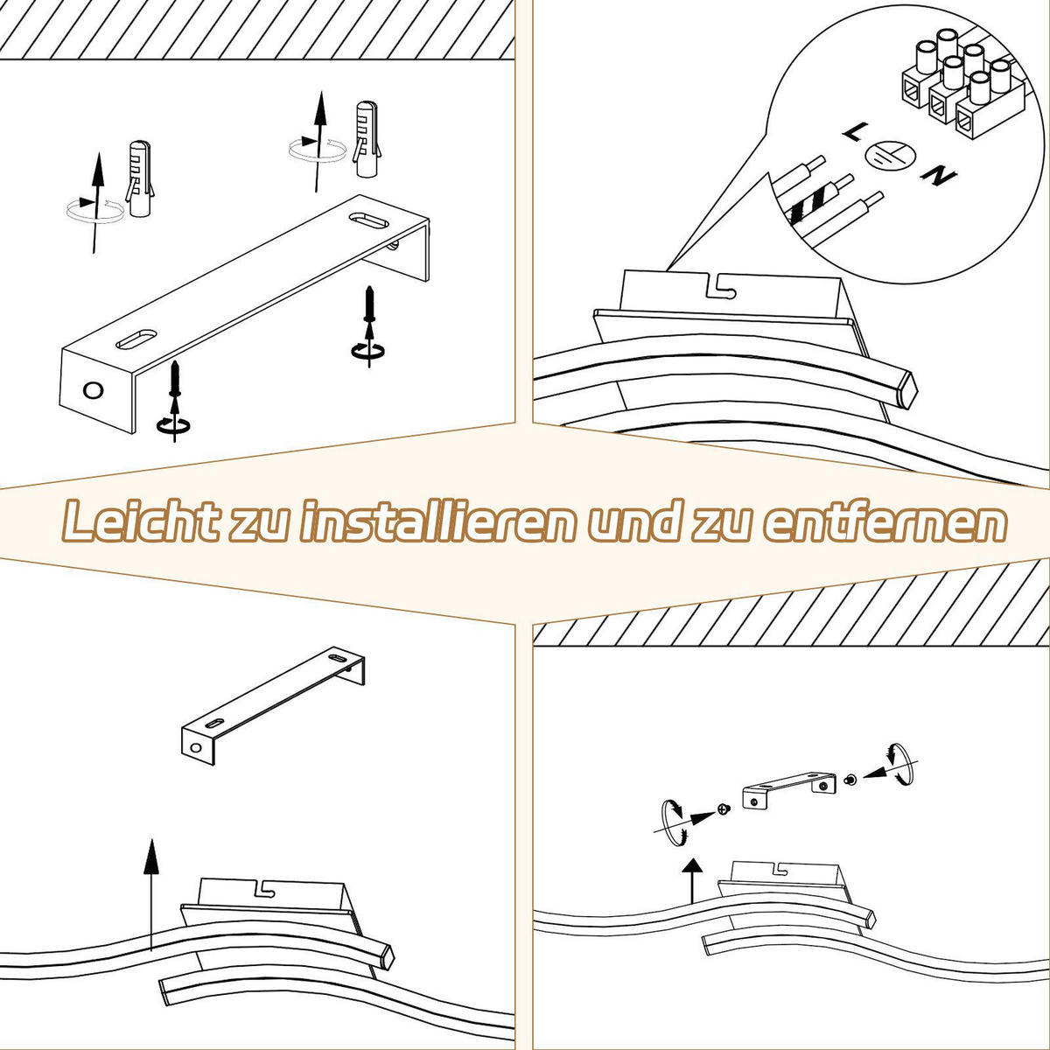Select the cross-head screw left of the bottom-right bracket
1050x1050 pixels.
[x=723, y=808]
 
